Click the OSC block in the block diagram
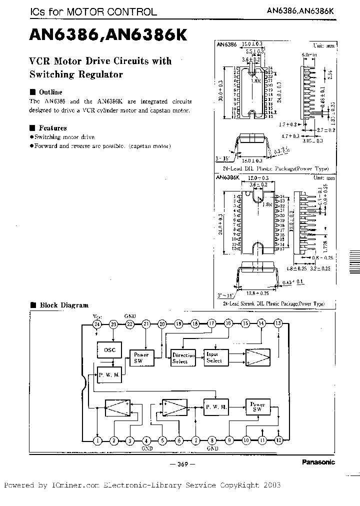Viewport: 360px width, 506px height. [x=109, y=350]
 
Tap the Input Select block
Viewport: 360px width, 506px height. [x=214, y=357]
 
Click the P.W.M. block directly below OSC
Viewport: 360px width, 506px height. [x=109, y=374]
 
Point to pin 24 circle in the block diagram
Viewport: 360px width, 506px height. [x=97, y=324]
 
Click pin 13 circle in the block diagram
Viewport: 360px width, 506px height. [x=278, y=324]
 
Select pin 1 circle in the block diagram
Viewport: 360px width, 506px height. [x=97, y=440]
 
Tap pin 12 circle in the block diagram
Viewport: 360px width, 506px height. [x=278, y=440]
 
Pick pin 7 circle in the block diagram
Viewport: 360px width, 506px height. [x=196, y=440]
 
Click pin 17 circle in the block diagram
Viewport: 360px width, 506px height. [x=212, y=324]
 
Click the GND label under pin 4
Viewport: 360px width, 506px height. [x=146, y=448]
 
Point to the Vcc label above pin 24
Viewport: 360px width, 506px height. [x=96, y=316]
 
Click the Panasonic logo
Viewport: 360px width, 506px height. [x=318, y=462]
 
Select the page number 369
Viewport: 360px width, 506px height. [x=181, y=464]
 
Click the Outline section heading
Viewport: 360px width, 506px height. [x=50, y=92]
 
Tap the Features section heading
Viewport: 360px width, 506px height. [x=52, y=128]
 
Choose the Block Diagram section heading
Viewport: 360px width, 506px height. [x=63, y=305]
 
